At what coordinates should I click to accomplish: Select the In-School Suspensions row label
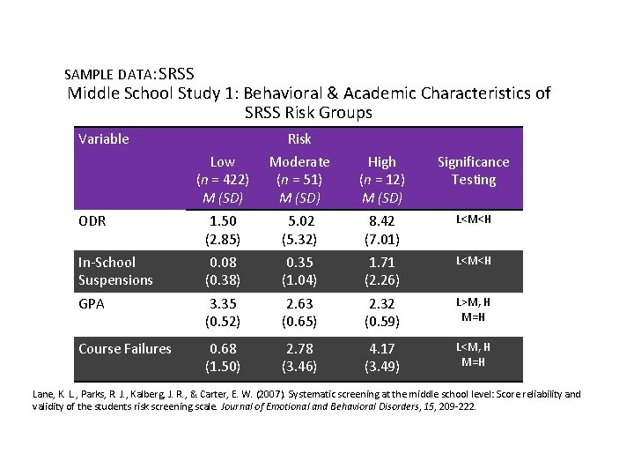pos(115,271)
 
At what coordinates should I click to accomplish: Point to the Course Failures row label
pos(124,348)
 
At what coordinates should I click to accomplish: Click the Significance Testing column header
pos(473,170)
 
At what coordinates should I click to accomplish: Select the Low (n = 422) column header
pos(223,179)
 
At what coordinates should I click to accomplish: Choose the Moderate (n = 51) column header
pos(299,179)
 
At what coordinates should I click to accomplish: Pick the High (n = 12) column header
pos(381,179)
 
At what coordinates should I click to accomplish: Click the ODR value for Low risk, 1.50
pos(223,220)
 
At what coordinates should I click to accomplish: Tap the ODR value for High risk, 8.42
pos(381,220)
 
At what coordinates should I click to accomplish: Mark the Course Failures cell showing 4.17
pos(381,349)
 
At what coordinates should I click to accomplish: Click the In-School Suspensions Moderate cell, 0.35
pos(299,263)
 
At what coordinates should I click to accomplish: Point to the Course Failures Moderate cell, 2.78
pos(299,349)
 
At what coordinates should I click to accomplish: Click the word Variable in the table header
pos(104,138)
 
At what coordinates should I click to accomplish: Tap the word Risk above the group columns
pos(299,138)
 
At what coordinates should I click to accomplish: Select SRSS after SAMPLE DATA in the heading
pos(177,73)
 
